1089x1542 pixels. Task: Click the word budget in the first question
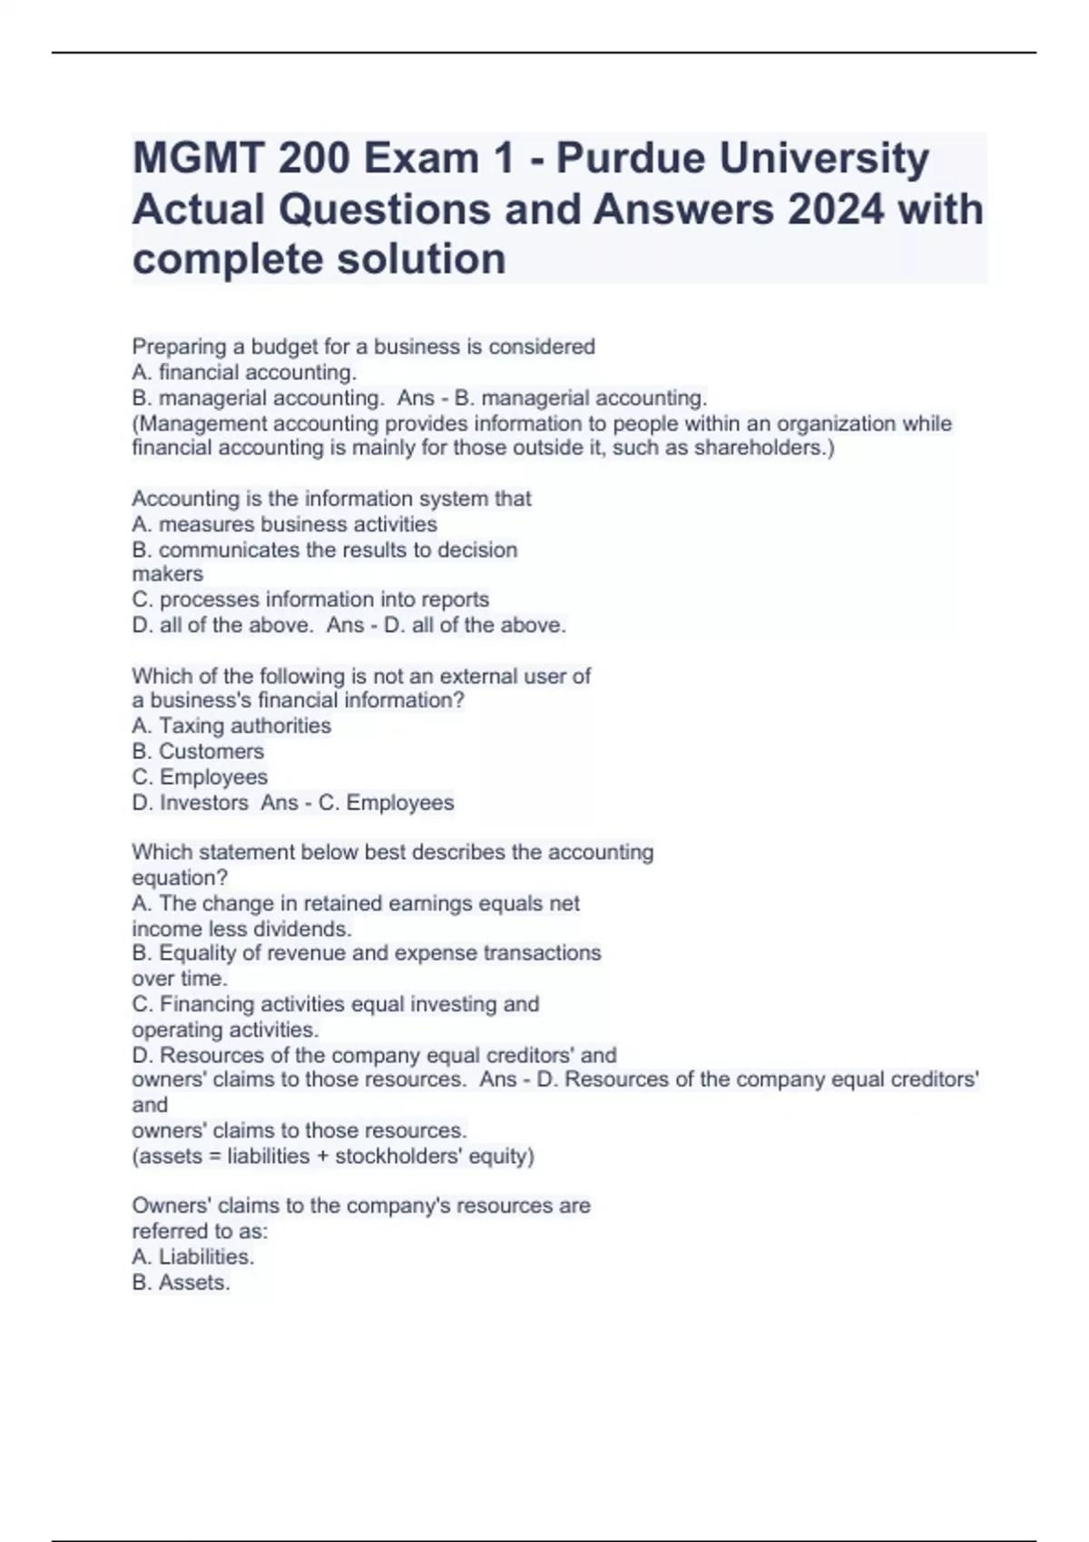[283, 346]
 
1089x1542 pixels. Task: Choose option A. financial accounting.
[244, 372]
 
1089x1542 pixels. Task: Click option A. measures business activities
[284, 524]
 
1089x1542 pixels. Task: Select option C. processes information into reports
[310, 600]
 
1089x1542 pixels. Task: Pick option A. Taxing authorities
[231, 726]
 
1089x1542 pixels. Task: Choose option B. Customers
[198, 751]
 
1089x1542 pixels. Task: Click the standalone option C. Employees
[200, 777]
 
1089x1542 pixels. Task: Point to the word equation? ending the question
[180, 878]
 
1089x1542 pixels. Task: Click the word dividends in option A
[303, 929]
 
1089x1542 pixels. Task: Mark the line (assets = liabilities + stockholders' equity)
[333, 1156]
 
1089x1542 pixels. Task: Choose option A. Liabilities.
[192, 1257]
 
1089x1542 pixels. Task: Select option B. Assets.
[181, 1283]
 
